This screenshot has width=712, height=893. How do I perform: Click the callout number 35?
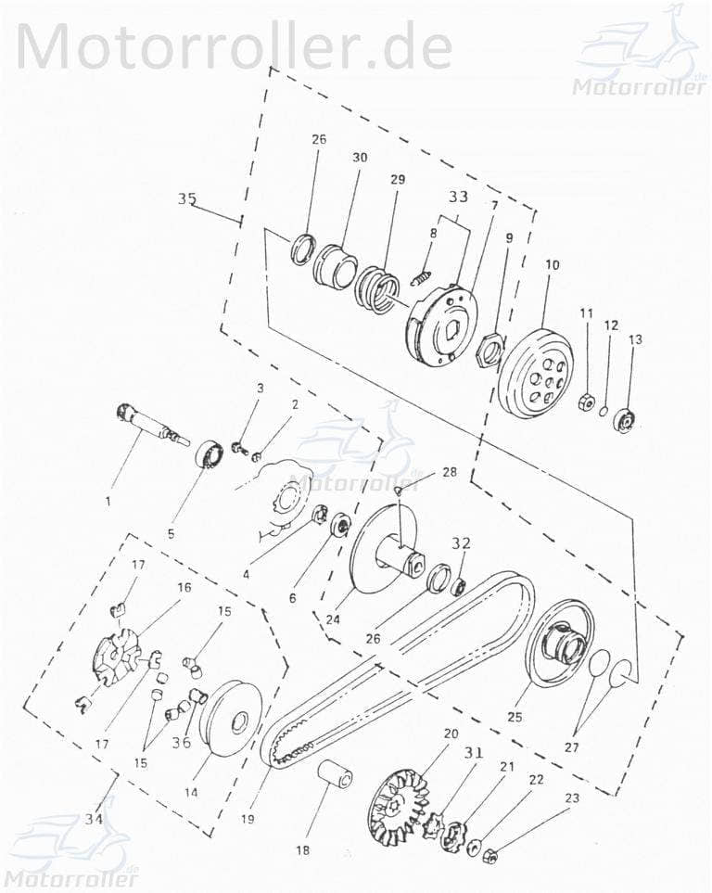(186, 198)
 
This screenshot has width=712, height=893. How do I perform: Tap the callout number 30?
(359, 158)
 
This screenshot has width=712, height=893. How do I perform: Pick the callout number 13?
(634, 340)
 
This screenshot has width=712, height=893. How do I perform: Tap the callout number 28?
(449, 472)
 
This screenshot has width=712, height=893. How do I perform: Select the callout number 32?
(461, 543)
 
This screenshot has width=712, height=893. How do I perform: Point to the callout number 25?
(514, 717)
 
